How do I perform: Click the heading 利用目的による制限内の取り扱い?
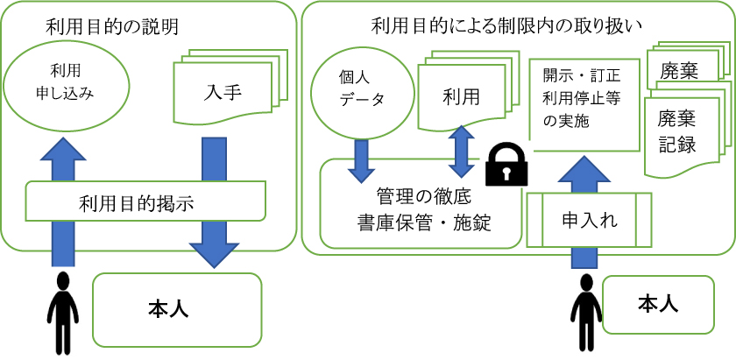coord(507,26)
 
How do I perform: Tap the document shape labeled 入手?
coord(224,92)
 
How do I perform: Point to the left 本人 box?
coord(177,309)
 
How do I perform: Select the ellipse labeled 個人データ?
coord(360,88)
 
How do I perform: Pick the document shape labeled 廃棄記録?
coord(679,131)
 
